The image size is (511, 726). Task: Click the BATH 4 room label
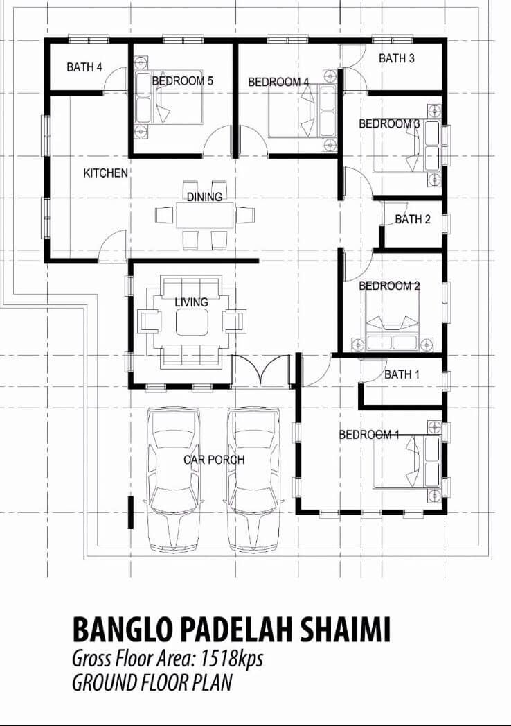click(x=84, y=67)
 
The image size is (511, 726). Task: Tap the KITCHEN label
click(x=105, y=173)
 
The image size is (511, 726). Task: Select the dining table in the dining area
click(x=205, y=215)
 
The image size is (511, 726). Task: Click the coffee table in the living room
click(x=191, y=321)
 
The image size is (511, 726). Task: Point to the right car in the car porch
click(x=254, y=480)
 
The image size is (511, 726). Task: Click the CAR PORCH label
click(x=214, y=460)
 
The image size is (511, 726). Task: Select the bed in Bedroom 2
click(x=393, y=321)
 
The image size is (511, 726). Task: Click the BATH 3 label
click(x=396, y=58)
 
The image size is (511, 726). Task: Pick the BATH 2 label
click(x=413, y=219)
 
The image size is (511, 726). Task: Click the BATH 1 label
click(x=402, y=374)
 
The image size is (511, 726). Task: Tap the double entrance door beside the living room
click(x=261, y=370)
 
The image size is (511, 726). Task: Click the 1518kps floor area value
click(x=231, y=659)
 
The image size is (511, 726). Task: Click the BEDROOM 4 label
click(x=278, y=82)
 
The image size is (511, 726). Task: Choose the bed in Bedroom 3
click(x=406, y=146)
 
